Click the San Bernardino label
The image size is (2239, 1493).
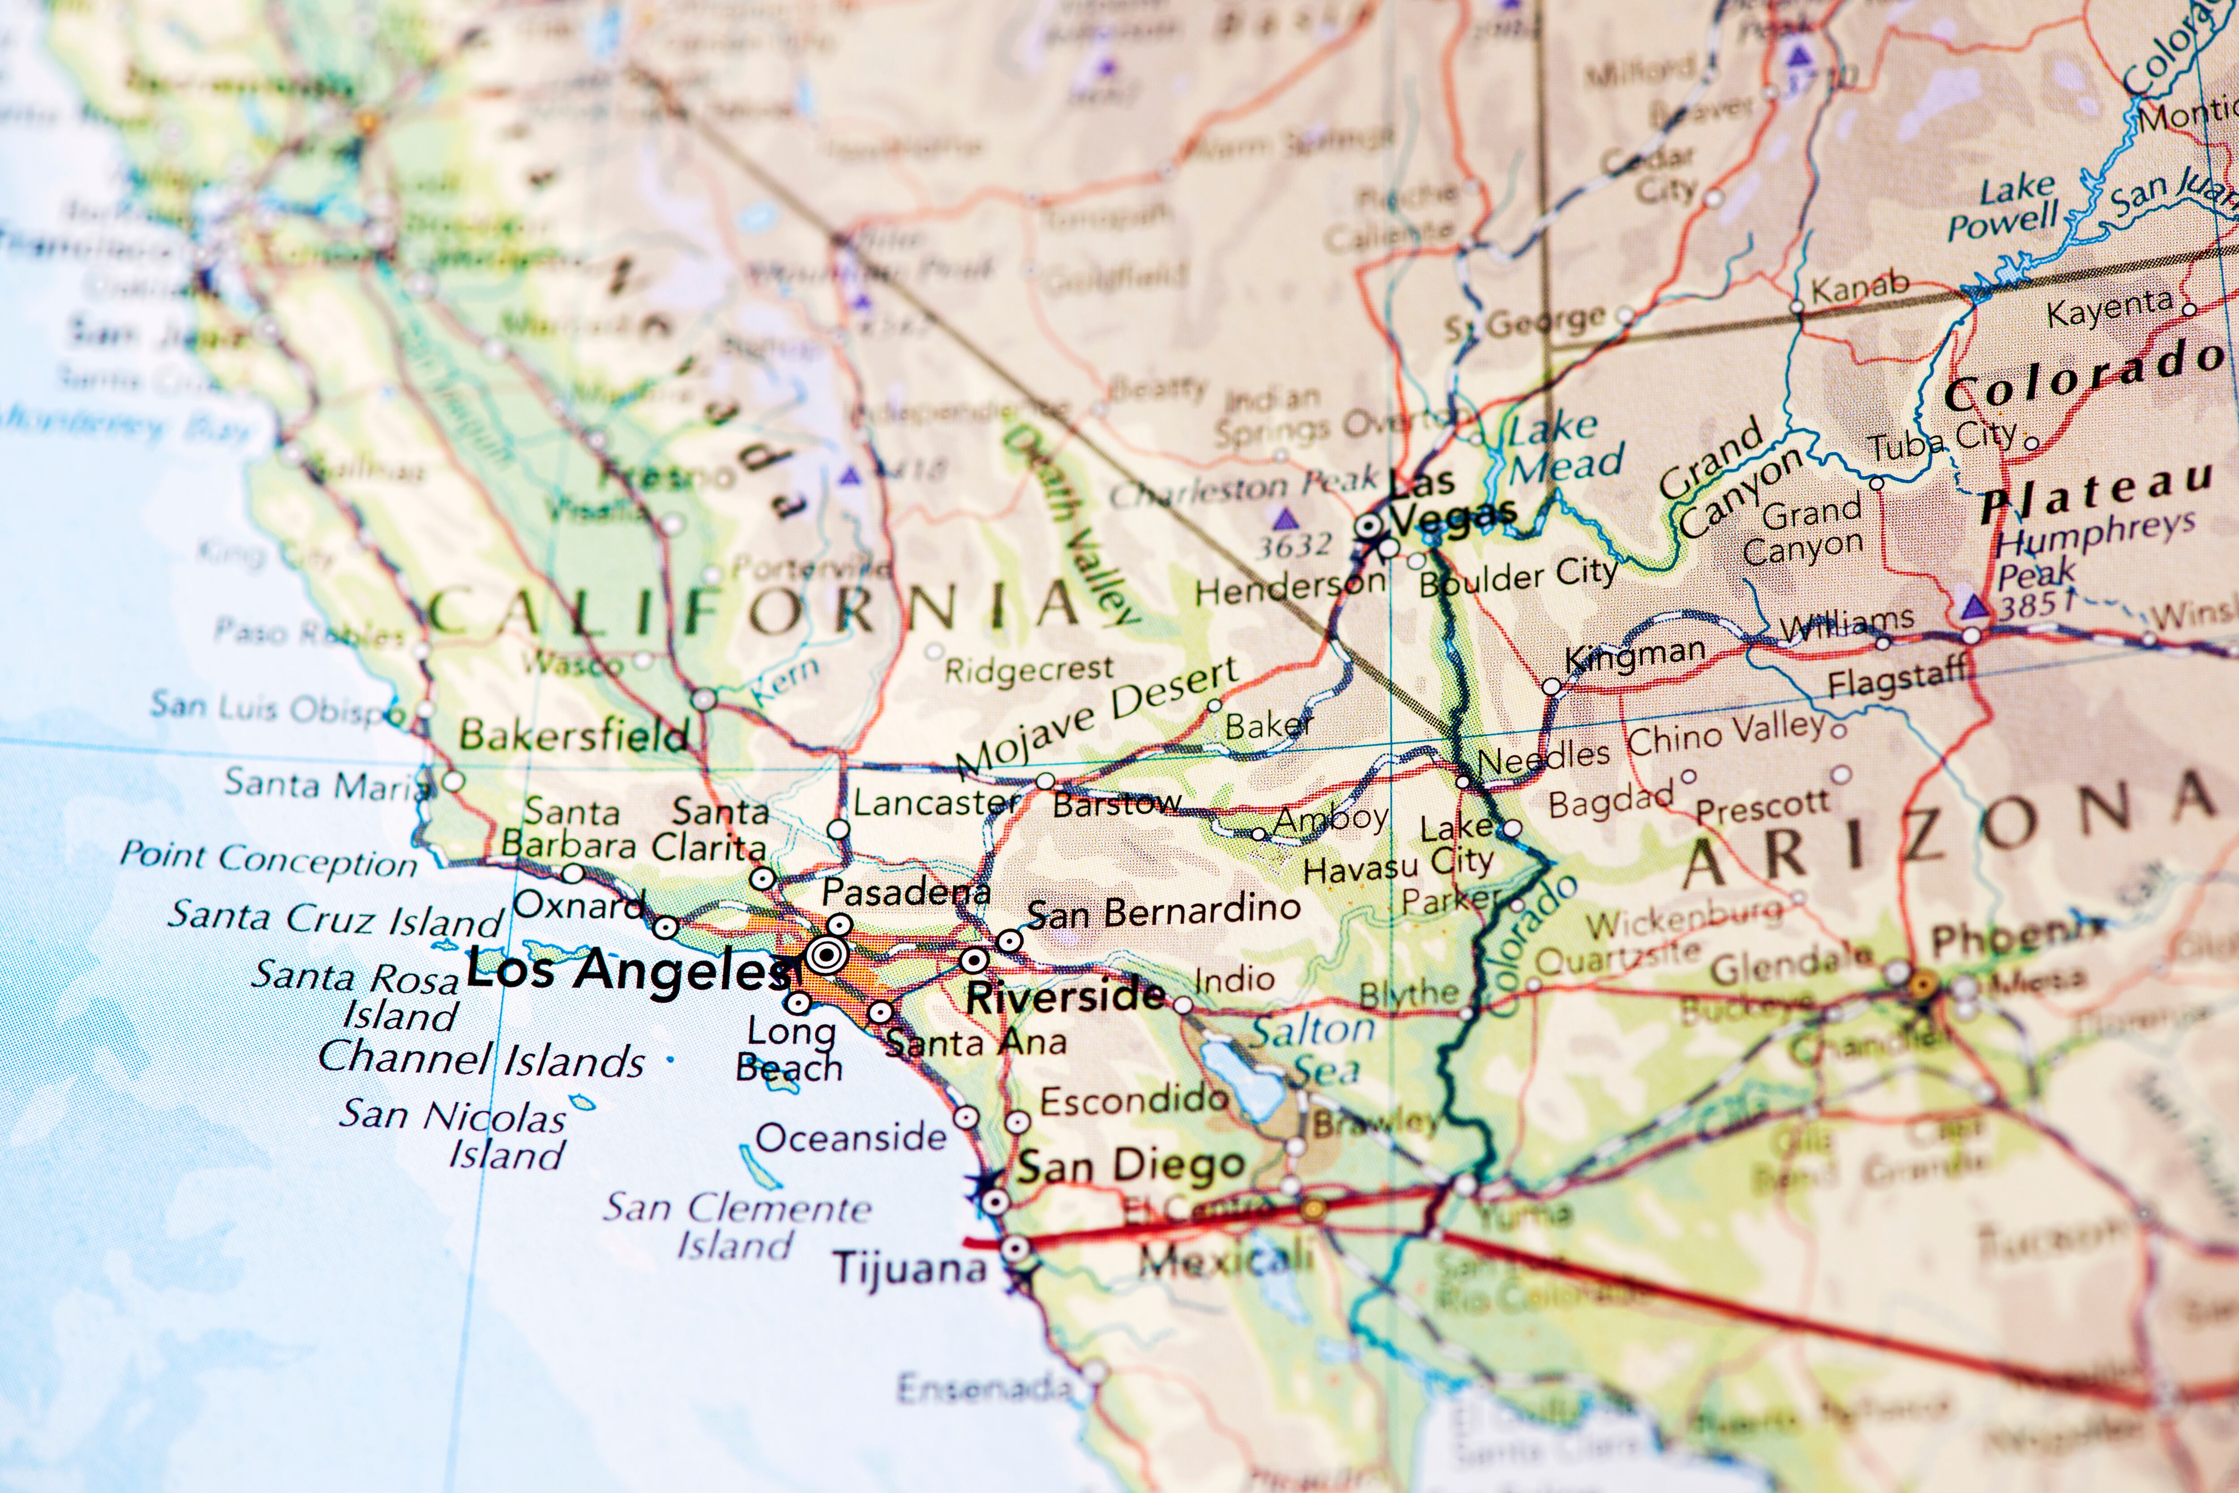(1163, 911)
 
